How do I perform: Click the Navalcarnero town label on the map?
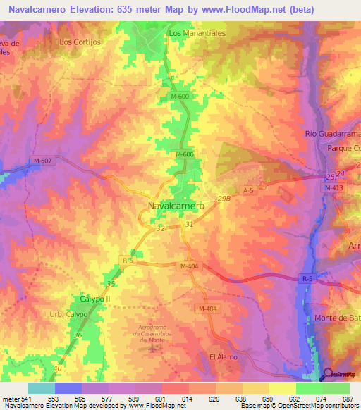pos(176,206)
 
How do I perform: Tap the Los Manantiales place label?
pos(195,33)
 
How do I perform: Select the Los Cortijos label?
pos(81,42)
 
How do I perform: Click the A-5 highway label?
pos(247,190)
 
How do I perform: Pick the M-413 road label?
pos(336,187)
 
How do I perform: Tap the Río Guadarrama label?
pos(332,134)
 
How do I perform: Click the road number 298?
pos(224,199)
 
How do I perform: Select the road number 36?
pos(78,336)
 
